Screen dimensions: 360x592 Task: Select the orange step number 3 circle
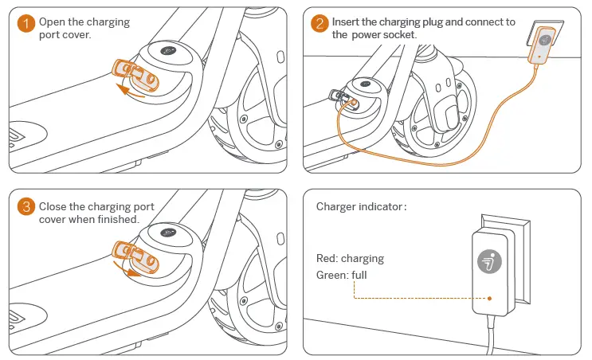26,208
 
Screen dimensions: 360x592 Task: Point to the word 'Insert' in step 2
347,22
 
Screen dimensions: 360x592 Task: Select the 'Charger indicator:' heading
361,207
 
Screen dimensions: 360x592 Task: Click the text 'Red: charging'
350,259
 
